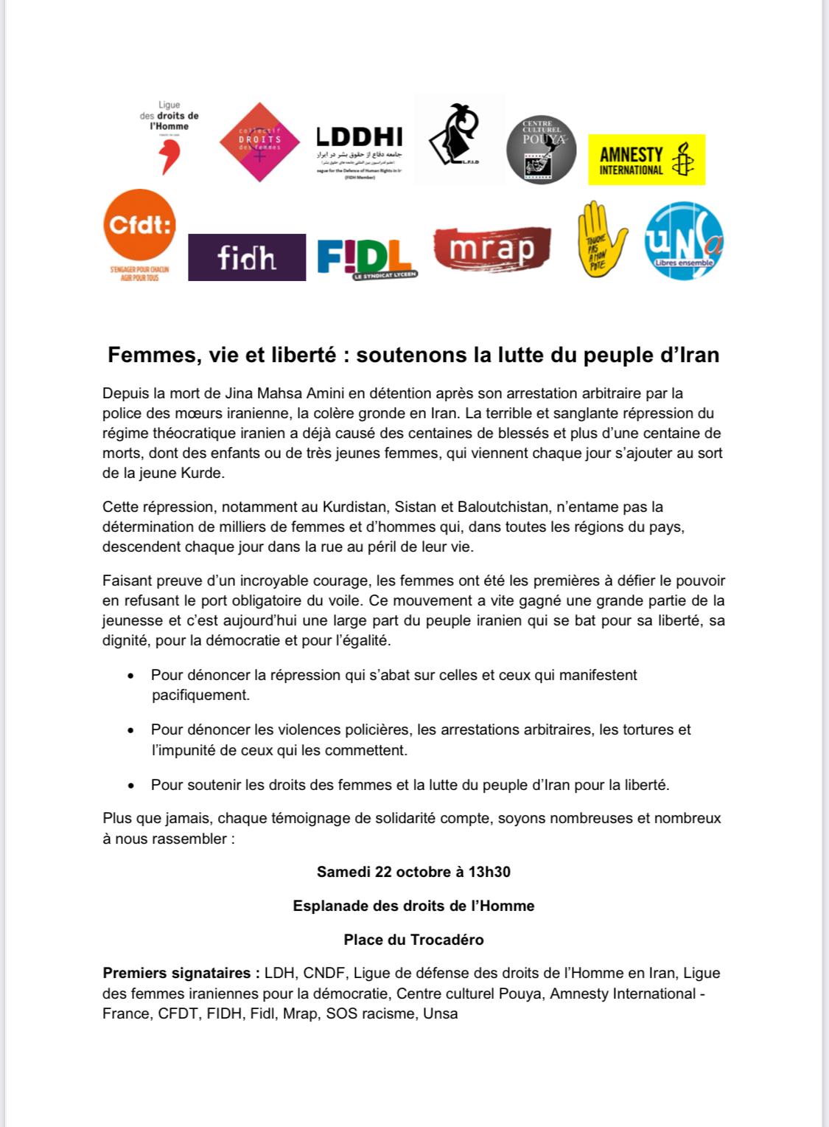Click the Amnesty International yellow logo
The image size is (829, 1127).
click(646, 159)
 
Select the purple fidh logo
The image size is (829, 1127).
click(247, 257)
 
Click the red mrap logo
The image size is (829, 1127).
click(492, 249)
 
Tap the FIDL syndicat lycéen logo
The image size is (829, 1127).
click(364, 257)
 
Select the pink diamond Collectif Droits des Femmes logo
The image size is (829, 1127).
click(260, 142)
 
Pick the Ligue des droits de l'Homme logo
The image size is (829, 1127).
click(169, 137)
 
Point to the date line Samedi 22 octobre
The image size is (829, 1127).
click(413, 872)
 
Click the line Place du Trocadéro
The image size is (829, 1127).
click(413, 940)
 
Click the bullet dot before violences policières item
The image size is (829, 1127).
click(131, 730)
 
